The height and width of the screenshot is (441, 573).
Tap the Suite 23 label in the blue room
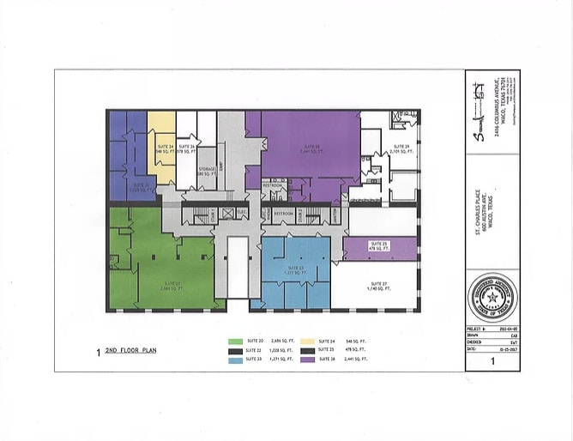click(296, 270)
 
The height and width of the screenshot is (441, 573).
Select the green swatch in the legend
click(238, 341)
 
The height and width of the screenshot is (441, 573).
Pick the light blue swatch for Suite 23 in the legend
click(238, 360)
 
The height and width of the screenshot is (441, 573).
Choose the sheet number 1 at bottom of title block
click(492, 363)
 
